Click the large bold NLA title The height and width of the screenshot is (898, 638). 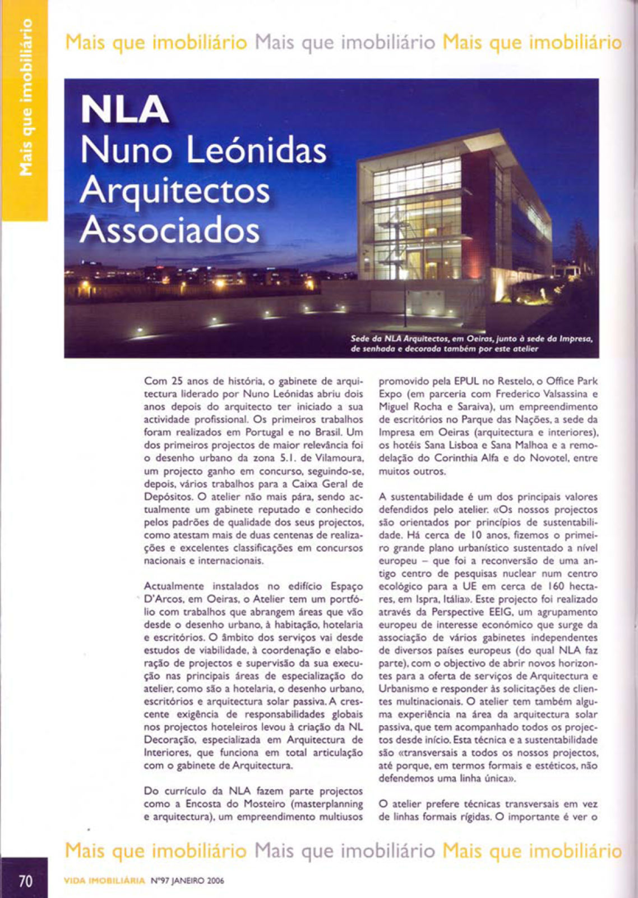(124, 109)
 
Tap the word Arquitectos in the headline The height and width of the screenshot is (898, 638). (174, 190)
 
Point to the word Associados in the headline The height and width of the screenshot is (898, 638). (170, 230)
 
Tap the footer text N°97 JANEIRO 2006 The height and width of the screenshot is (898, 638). (187, 881)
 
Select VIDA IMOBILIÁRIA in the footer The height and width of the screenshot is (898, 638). (105, 881)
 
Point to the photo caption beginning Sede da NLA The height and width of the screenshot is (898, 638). (471, 343)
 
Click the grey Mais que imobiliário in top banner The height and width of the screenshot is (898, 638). (345, 42)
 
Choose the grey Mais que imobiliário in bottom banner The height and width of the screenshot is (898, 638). (345, 851)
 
